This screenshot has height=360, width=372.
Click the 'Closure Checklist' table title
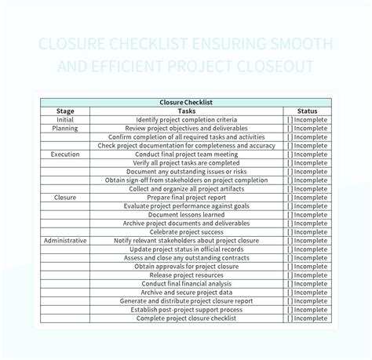[186, 102]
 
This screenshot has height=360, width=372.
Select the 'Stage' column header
[65, 111]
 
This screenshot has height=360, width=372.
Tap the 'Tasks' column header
[186, 111]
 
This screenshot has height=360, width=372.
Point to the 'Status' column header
[307, 111]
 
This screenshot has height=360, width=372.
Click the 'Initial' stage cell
[65, 119]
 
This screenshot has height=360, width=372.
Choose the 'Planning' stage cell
[65, 128]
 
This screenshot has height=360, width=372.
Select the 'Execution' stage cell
[65, 155]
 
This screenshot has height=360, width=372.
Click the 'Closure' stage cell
[65, 198]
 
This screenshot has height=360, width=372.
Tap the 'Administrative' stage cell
[65, 241]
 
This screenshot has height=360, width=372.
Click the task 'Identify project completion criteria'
[186, 119]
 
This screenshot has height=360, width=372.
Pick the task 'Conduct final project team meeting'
[186, 155]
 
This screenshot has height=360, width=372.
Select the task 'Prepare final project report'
[186, 198]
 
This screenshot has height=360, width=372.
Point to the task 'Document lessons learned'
[186, 215]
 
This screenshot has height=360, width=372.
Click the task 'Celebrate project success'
[186, 232]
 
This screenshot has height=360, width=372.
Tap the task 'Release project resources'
[186, 275]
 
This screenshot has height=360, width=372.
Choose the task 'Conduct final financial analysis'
[186, 284]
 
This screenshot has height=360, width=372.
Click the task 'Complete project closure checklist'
[186, 318]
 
